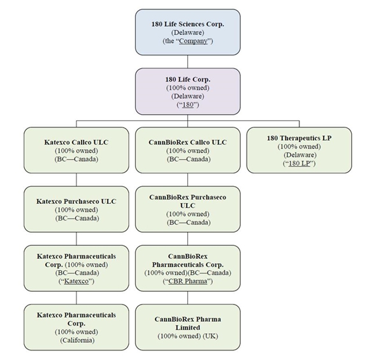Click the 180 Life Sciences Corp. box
pos(188,32)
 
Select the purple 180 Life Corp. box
pos(188,92)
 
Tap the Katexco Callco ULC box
pos(76,150)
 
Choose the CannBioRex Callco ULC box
pos(188,150)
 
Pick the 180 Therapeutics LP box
pos(299,150)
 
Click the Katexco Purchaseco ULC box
pos(76,209)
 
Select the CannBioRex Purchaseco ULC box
pos(188,209)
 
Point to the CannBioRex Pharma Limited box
pos(188,328)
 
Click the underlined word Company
pos(193,41)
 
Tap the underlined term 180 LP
pos(299,163)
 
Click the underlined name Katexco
pos(76,281)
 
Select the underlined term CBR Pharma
pos(188,281)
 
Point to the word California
pos(77,340)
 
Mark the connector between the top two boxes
pos(188,62)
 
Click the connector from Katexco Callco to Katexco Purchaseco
pos(76,180)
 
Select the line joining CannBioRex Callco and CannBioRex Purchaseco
pos(188,180)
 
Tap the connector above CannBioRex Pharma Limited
pos(188,298)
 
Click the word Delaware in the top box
pos(188,32)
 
